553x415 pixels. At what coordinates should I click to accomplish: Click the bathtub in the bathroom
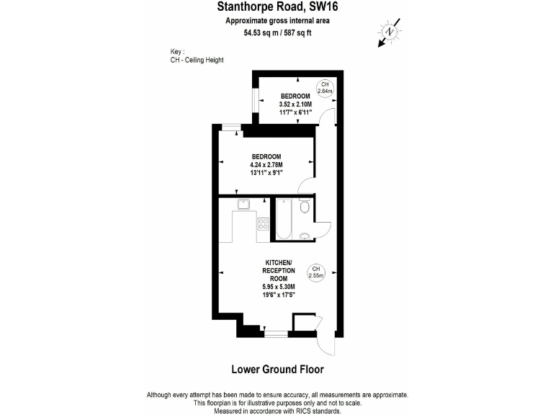282,219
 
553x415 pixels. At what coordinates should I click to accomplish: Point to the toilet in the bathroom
305,208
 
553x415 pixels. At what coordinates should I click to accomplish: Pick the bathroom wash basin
305,236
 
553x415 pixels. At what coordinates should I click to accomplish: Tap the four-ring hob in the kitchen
264,223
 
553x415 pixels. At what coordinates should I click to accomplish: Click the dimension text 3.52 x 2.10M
295,104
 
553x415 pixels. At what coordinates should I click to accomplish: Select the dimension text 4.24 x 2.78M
266,164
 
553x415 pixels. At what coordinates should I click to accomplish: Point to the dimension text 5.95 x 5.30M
279,287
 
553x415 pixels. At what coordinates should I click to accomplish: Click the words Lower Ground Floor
276,370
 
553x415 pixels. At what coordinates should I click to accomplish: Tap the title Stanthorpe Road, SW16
276,8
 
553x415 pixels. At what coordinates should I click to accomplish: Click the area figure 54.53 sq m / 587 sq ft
276,32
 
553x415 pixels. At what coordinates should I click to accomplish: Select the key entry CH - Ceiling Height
192,60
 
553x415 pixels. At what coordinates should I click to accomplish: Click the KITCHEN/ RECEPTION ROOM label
279,269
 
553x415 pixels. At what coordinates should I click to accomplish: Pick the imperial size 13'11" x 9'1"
266,172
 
